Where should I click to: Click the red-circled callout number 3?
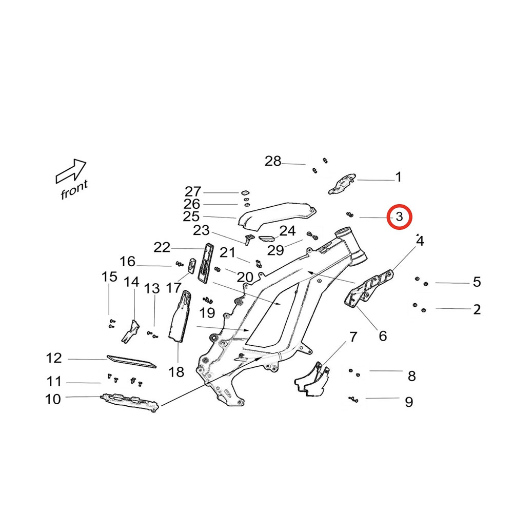tap(400, 218)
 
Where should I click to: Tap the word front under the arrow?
tap(74, 190)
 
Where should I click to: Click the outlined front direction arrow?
tap(71, 171)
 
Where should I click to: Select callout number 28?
tap(273, 162)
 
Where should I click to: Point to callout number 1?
tap(398, 177)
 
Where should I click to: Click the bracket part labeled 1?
tap(341, 184)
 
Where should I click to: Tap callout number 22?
tap(162, 248)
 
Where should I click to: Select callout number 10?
tap(53, 399)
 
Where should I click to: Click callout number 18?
tap(176, 372)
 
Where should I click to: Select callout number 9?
tap(409, 402)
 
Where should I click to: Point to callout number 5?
tap(477, 282)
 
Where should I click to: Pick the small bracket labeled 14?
tap(130, 331)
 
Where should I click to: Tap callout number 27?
tap(193, 192)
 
